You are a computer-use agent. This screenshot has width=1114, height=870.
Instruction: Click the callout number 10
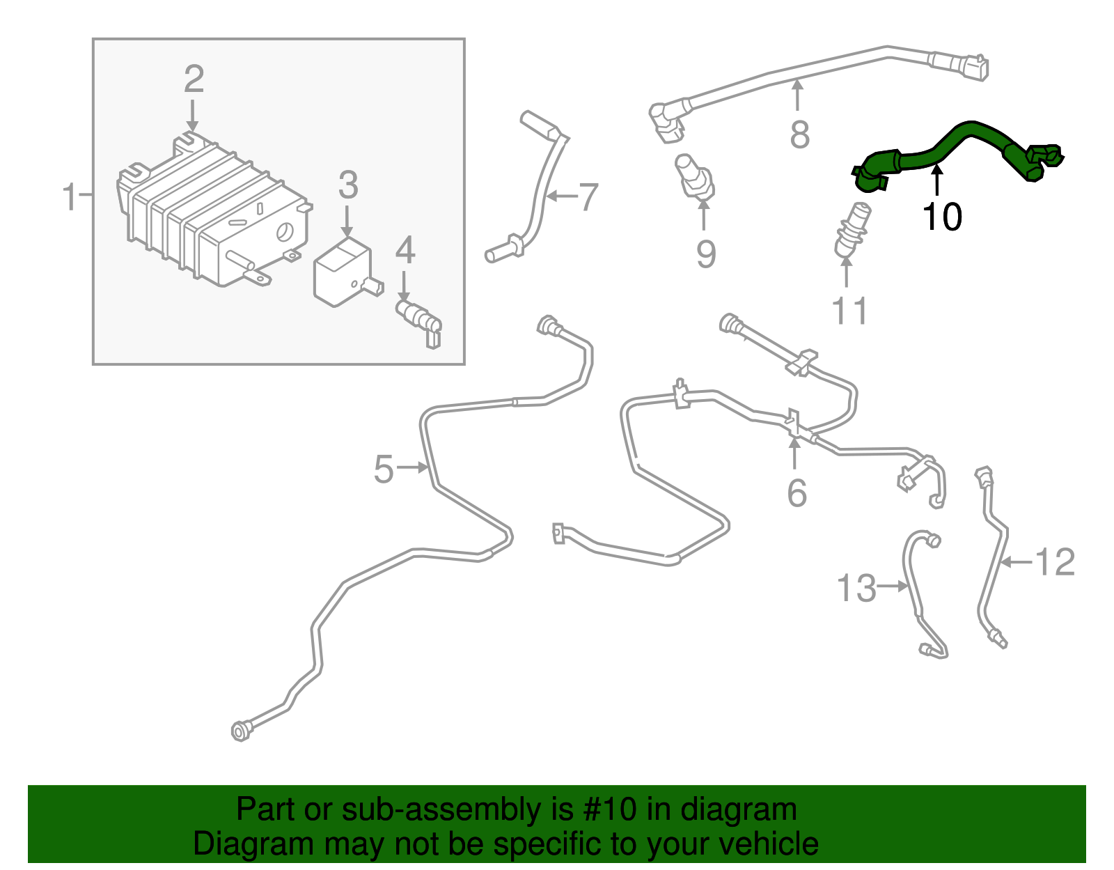[942, 217]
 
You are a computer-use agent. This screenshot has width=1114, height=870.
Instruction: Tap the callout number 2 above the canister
[194, 79]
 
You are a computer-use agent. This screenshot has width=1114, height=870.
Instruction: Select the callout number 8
[799, 135]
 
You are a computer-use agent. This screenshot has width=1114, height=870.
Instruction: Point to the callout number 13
[856, 589]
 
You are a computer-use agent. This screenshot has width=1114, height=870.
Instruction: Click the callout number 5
[384, 469]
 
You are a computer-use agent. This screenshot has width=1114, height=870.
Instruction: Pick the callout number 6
[797, 493]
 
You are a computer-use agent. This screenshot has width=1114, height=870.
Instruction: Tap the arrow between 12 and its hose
[1017, 561]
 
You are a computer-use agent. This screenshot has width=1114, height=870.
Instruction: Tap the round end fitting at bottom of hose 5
[240, 731]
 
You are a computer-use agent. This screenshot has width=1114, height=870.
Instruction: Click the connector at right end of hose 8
[975, 68]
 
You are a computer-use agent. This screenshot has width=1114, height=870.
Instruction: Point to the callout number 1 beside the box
[70, 197]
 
